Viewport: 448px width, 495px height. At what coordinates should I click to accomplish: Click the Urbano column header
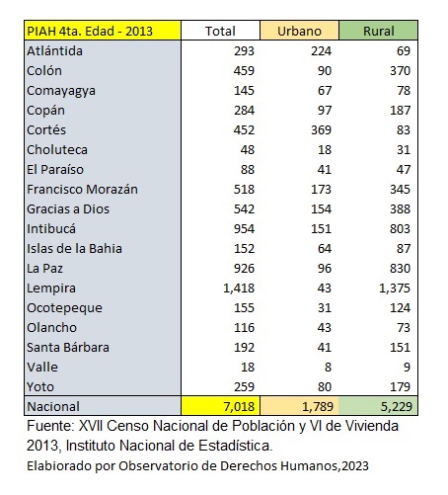tap(299, 31)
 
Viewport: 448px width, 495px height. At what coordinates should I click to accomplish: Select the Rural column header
tap(378, 31)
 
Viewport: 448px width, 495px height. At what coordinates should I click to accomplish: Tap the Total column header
tap(220, 31)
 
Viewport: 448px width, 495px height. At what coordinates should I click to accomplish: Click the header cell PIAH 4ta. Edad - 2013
tap(103, 31)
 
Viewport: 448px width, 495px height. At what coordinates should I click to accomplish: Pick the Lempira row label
tap(51, 289)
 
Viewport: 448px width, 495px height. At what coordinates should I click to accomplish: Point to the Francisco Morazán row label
tap(82, 190)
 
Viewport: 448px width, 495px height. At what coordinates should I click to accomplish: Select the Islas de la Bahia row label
tap(74, 249)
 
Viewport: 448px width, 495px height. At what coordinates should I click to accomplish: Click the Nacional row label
tap(53, 406)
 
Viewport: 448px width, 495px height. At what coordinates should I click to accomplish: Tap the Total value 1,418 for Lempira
tap(239, 289)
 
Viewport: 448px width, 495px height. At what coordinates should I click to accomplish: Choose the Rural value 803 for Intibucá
tap(400, 229)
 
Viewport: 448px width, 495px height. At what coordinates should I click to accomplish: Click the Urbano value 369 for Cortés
tap(321, 130)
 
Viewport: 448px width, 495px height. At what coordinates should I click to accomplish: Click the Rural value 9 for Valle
tap(407, 368)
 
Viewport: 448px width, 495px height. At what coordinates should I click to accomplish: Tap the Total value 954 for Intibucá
tap(244, 229)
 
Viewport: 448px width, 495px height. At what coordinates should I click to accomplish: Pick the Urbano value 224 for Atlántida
tap(321, 51)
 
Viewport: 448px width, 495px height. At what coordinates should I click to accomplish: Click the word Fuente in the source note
tap(50, 426)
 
